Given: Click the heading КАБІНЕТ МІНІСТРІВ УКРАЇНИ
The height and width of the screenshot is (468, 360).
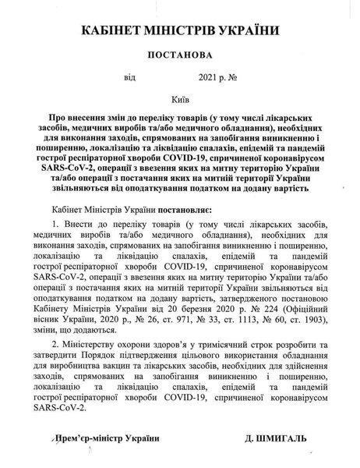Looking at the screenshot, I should click(x=180, y=30).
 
